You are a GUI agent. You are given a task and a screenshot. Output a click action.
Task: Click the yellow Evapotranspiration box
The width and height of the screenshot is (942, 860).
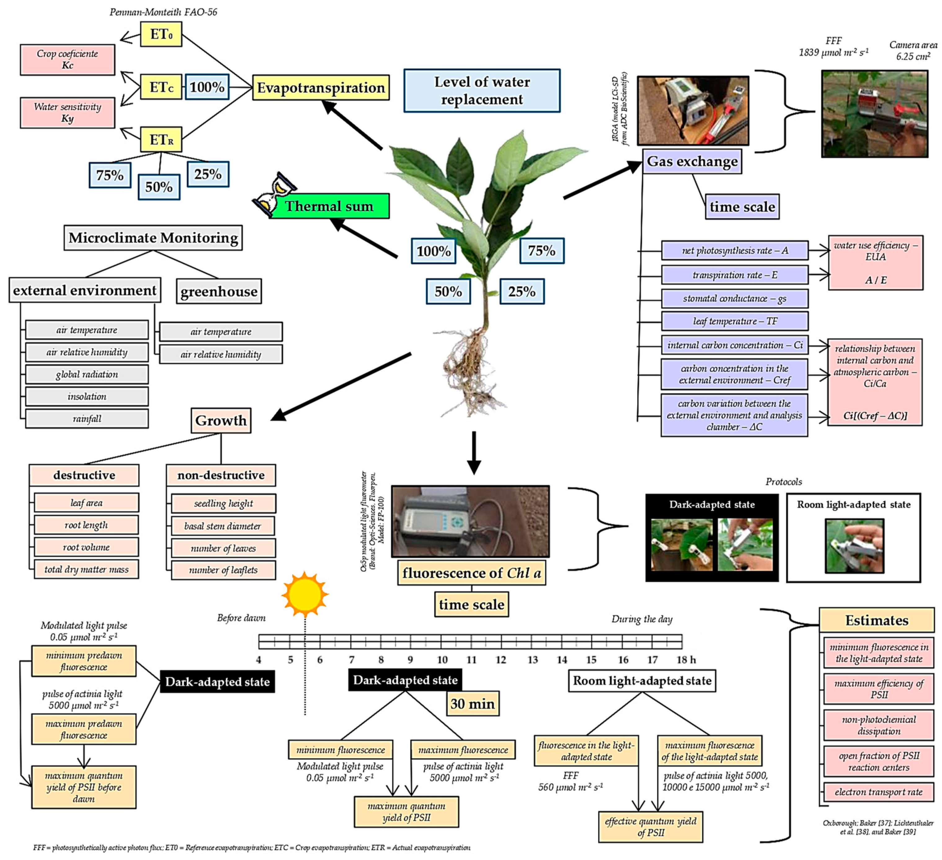321,88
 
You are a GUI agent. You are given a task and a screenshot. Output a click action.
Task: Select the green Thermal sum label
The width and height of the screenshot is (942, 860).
329,206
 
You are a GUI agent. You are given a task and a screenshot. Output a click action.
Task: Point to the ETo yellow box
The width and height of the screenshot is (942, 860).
161,34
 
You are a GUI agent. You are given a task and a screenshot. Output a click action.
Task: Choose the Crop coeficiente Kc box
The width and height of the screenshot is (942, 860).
67,59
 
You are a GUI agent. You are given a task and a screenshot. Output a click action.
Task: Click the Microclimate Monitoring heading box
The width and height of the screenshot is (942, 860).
153,238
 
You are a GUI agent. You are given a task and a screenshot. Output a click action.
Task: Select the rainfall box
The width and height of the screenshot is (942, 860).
87,419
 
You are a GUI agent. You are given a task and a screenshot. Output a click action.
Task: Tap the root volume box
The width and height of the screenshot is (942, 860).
87,547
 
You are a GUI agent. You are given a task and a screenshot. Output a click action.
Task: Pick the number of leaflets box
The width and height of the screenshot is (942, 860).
223,570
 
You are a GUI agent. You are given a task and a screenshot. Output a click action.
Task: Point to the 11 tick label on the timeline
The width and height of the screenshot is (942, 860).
472,659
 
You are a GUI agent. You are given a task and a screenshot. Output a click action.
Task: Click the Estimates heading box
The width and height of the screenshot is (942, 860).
877,620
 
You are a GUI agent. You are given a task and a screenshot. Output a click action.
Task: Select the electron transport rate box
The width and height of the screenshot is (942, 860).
878,792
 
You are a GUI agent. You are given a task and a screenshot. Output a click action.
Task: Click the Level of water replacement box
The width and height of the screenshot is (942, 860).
482,90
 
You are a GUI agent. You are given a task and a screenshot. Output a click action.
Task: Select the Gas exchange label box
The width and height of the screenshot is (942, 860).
692,162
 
